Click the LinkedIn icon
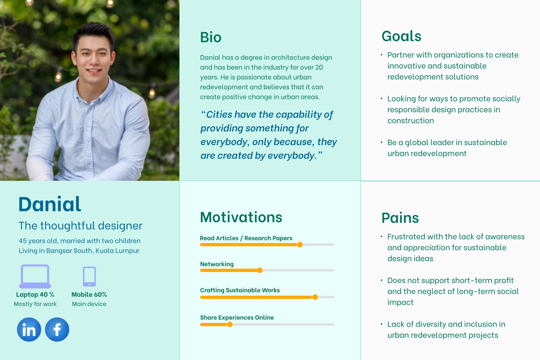pos(29,330)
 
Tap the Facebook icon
pos(57,330)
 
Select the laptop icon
pos(35,276)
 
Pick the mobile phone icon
pos(89,276)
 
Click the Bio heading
pos(211,37)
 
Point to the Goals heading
pos(401,36)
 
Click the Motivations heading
pos(241,217)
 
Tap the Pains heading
pos(400,218)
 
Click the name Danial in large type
pos(50,204)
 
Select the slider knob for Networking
pos(260,270)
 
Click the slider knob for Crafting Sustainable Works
pos(315,297)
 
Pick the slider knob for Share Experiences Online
pos(230,325)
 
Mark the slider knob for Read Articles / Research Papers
pos(300,244)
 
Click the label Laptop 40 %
pos(35,295)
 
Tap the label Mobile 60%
pos(89,295)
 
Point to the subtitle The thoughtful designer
pos(81,225)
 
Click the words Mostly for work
pos(35,304)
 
